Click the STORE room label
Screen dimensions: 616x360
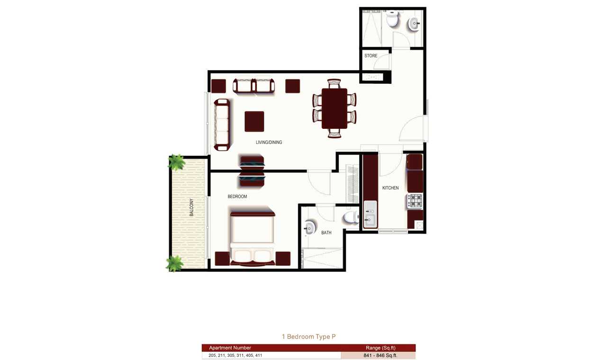tap(371, 56)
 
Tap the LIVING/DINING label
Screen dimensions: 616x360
tap(269, 143)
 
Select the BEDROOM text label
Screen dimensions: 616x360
tap(237, 197)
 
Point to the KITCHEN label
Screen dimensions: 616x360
tap(390, 188)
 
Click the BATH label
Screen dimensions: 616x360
tap(326, 233)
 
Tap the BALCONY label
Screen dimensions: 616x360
tap(191, 207)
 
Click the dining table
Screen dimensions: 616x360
tap(334, 108)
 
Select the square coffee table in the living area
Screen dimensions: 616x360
tap(254, 121)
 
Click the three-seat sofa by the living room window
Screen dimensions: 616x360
tap(222, 125)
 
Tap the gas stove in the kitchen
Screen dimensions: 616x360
tap(415, 201)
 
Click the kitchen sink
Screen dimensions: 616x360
tap(370, 215)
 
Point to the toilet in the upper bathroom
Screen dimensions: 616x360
tap(392, 18)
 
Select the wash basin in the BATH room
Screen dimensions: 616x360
tap(309, 228)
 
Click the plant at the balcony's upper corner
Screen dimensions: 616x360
tap(176, 162)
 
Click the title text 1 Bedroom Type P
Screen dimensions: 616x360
tap(308, 337)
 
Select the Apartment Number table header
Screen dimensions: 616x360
tap(230, 348)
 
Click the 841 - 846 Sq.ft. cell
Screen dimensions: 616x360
tap(380, 355)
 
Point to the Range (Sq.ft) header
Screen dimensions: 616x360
tap(380, 348)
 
